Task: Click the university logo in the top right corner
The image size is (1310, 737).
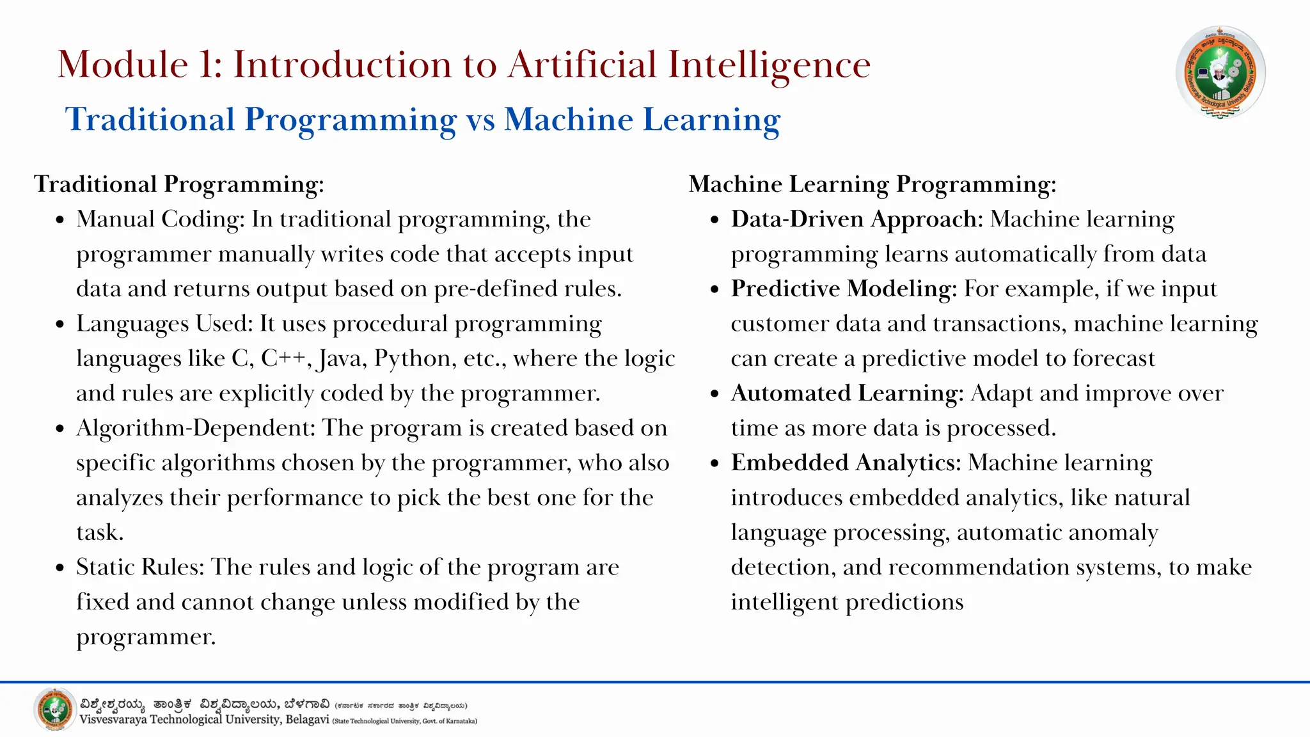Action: coord(1220,72)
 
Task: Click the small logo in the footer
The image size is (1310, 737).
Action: coord(54,709)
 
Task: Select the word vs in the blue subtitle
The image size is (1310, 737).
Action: coord(480,120)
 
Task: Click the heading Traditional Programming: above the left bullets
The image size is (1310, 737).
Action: coord(179,184)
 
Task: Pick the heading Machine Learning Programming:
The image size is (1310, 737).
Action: coord(872,184)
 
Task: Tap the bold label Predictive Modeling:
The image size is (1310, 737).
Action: coord(844,289)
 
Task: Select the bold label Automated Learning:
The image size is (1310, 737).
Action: coord(847,393)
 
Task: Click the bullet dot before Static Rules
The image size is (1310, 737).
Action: coord(60,568)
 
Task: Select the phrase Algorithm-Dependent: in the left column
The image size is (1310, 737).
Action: coord(196,428)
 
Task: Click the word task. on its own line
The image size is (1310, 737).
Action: coord(100,532)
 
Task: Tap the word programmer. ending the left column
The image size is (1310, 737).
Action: coord(146,637)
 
